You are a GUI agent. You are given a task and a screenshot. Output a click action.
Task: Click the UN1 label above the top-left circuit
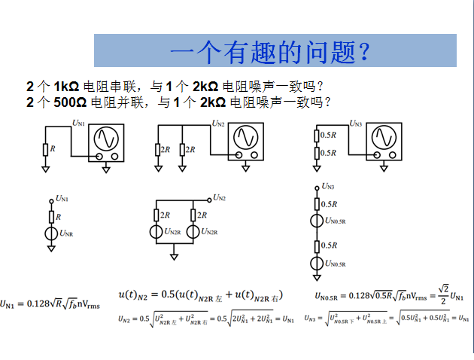pos(78,122)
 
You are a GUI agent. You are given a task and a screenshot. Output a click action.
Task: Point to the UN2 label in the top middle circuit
pos(219,123)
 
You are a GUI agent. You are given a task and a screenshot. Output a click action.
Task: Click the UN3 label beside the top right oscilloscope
pos(357,124)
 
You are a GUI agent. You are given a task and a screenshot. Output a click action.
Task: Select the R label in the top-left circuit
pos(52,148)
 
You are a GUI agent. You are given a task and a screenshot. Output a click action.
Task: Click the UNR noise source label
pos(66,234)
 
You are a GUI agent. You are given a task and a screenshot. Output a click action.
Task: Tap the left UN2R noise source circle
pos(156,231)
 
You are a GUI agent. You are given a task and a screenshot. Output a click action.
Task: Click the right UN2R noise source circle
pos(193,231)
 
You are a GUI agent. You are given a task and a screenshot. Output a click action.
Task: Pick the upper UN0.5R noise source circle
pos(317,221)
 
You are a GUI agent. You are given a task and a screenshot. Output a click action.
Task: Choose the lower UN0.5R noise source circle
pos(317,263)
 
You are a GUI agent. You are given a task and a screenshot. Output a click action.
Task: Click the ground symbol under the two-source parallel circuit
pos(175,257)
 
